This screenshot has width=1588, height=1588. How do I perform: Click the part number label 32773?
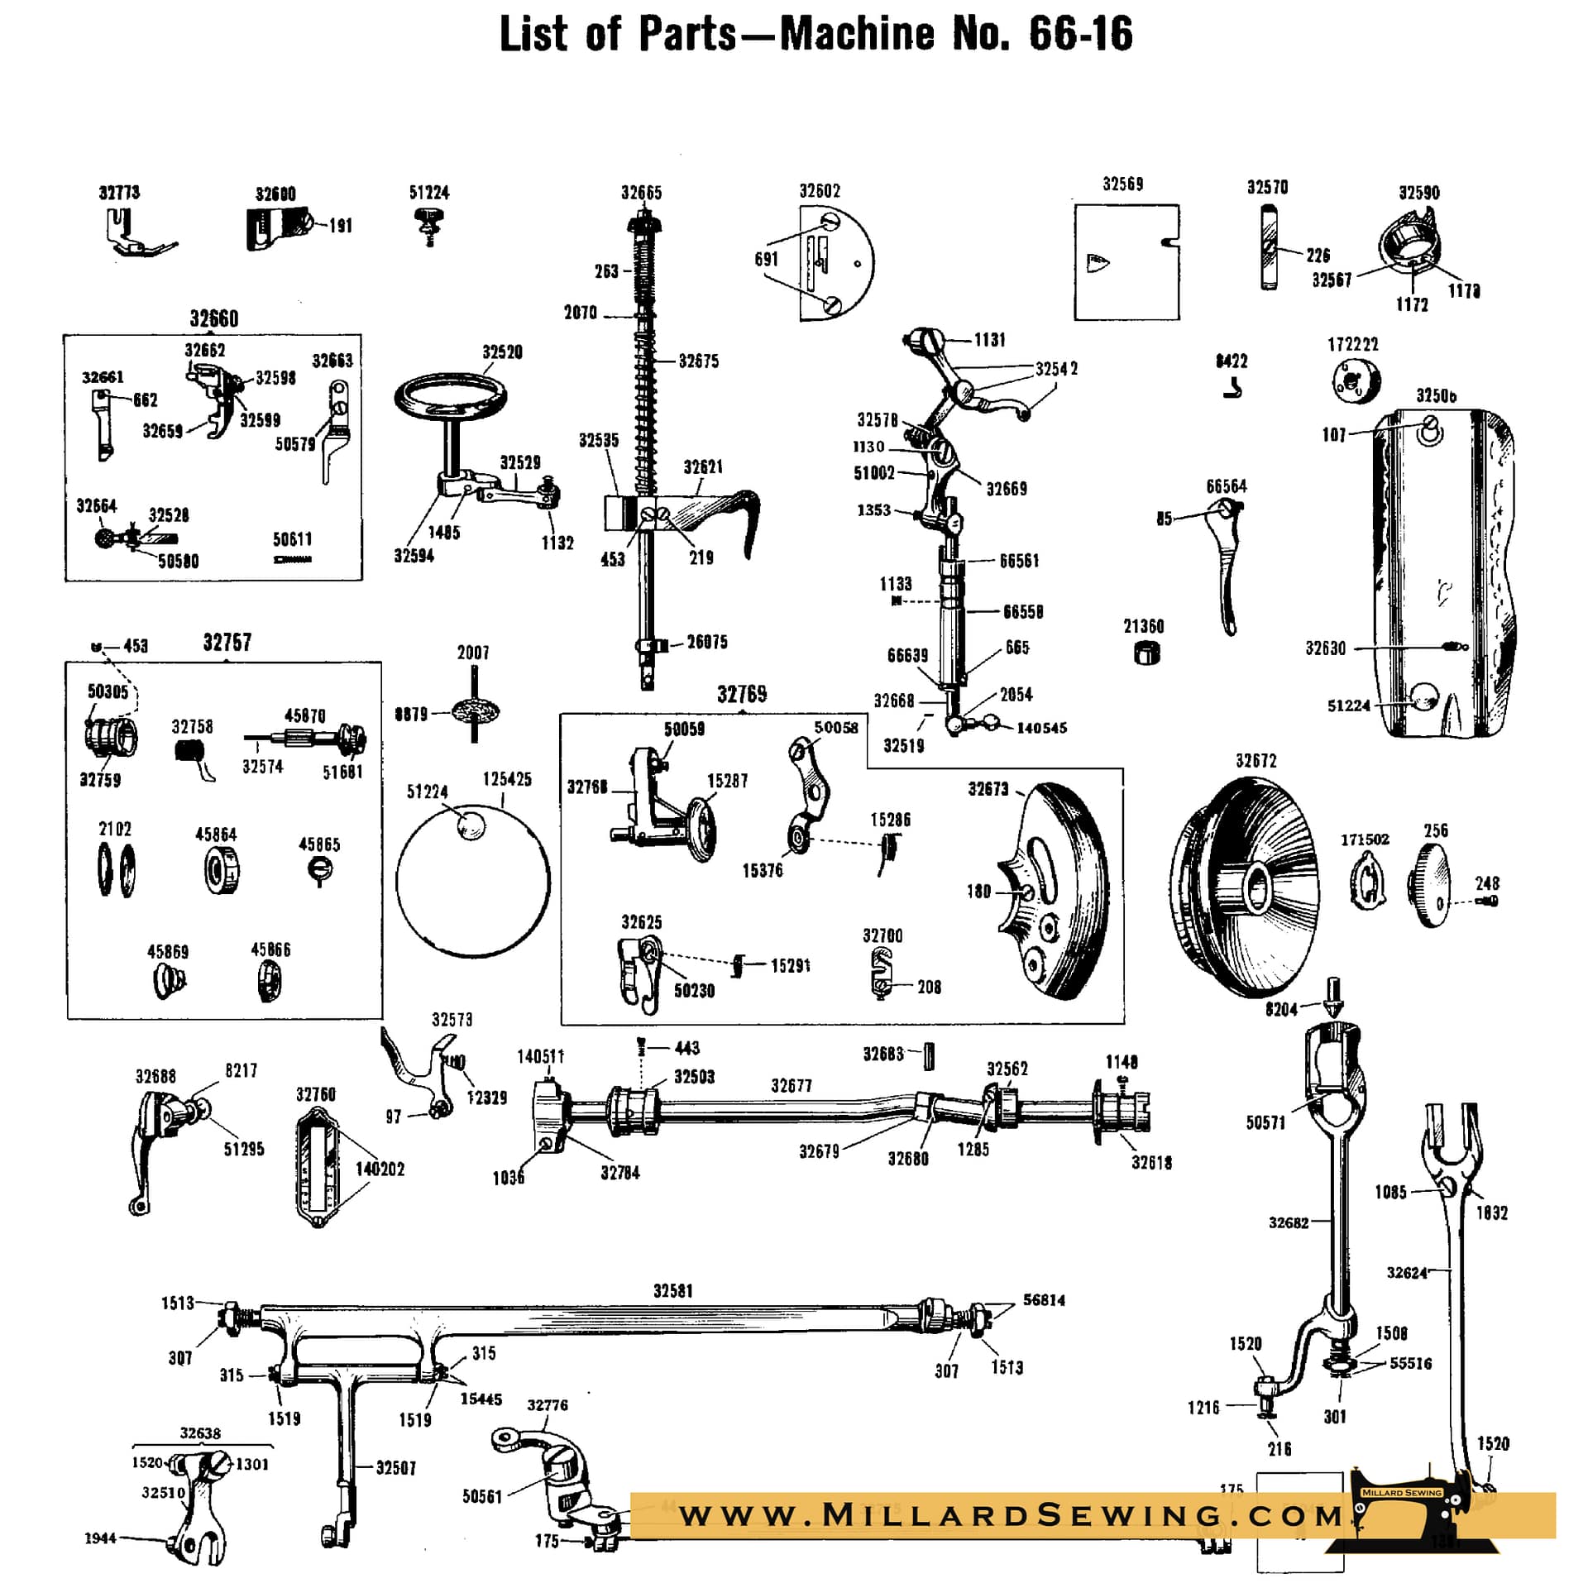click(x=119, y=193)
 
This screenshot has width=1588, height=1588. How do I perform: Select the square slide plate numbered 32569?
click(x=1126, y=262)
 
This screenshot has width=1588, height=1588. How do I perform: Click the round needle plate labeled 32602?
click(x=835, y=264)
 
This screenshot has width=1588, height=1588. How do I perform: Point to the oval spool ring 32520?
click(x=451, y=397)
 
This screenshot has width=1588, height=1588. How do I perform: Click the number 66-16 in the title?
click(x=1080, y=35)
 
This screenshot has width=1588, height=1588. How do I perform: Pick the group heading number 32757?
click(x=227, y=643)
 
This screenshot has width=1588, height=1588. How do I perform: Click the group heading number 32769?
click(x=742, y=695)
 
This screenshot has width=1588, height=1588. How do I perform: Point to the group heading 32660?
click(x=213, y=319)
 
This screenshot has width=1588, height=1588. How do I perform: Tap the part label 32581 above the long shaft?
click(x=673, y=1291)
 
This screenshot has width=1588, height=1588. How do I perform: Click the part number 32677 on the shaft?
click(x=792, y=1086)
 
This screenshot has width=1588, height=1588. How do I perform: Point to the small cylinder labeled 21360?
click(x=1146, y=653)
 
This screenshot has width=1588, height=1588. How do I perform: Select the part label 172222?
click(x=1353, y=345)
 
